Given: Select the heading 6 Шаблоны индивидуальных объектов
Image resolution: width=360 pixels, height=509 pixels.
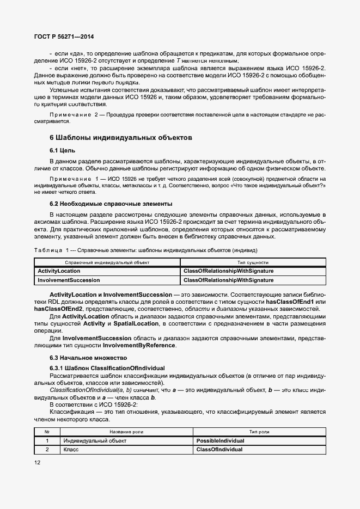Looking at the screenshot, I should pyautogui.click(x=120, y=138).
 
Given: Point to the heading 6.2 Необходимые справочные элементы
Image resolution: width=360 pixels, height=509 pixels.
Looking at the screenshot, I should pyautogui.click(x=111, y=204).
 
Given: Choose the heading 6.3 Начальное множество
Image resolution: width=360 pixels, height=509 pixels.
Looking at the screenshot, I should pyautogui.click(x=88, y=358).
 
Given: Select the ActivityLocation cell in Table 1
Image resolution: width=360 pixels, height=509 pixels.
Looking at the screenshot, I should pyautogui.click(x=59, y=271).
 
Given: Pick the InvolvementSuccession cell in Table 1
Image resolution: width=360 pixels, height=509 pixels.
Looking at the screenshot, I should pyautogui.click(x=69, y=280).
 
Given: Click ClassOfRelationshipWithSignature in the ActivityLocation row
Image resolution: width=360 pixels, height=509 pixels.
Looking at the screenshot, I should pyautogui.click(x=229, y=271).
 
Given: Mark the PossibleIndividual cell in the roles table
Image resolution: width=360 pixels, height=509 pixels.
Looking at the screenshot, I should pyautogui.click(x=220, y=440).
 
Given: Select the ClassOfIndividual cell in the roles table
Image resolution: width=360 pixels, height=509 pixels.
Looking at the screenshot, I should pyautogui.click(x=219, y=450).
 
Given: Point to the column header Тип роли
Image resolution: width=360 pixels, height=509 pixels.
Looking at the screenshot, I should pyautogui.click(x=259, y=431).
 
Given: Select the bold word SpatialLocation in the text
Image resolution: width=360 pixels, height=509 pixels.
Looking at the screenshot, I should pyautogui.click(x=136, y=323).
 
